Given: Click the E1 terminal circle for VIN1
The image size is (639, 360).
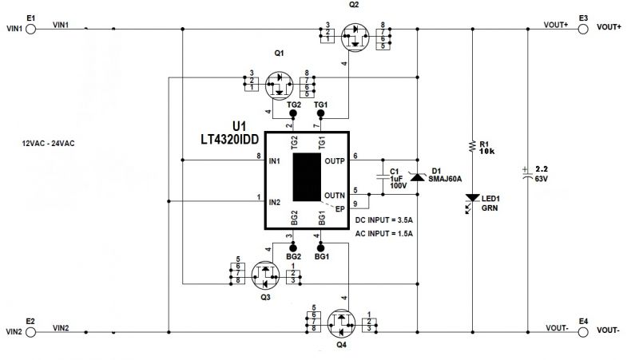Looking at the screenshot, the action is (x=30, y=29).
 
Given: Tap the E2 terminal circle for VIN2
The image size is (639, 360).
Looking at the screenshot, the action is (x=30, y=332).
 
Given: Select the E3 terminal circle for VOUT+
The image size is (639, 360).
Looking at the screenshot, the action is (x=583, y=29).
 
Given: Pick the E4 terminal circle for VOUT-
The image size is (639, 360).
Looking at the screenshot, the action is (x=583, y=332).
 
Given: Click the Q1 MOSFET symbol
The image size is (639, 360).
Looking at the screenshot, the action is (x=279, y=85).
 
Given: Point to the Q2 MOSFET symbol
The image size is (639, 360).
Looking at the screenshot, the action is (x=355, y=38).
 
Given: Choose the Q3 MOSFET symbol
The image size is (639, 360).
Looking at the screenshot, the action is (x=265, y=275).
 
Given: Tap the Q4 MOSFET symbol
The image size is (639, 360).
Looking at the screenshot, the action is (x=341, y=323).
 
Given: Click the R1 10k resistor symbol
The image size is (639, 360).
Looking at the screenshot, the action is (x=473, y=147).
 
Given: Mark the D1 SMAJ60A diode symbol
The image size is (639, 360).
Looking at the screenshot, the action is (x=417, y=176).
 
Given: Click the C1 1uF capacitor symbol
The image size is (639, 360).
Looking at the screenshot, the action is (x=383, y=176).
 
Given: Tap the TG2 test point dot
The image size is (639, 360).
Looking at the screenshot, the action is (x=292, y=113).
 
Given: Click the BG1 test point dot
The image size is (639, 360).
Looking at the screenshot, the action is (x=321, y=248).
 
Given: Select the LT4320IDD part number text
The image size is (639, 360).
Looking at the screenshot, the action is (x=229, y=139).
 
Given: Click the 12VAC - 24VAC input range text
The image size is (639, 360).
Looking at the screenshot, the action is (x=48, y=144).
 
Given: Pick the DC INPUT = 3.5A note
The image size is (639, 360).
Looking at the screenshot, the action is (x=384, y=220).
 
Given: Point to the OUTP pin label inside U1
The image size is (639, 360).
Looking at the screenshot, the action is (x=335, y=161).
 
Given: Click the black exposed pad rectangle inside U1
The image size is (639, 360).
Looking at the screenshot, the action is (x=307, y=177).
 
